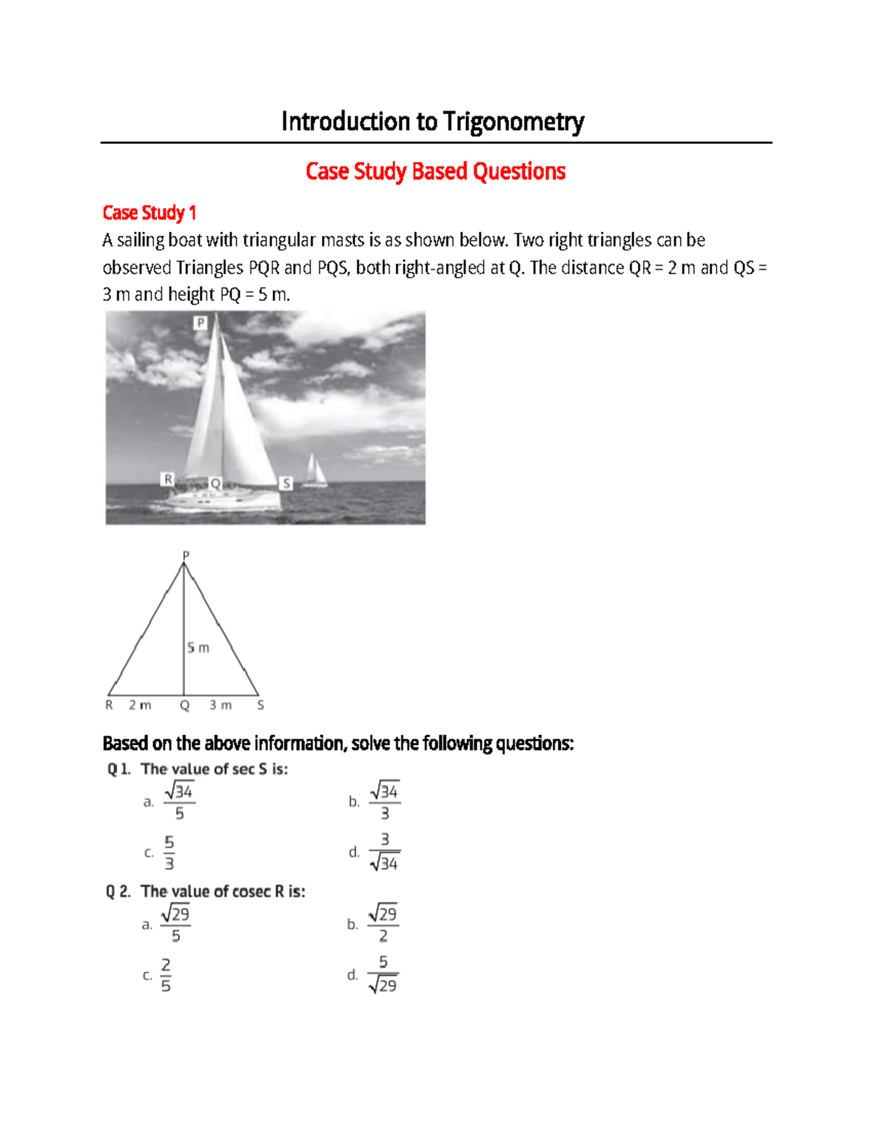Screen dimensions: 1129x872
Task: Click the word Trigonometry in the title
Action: tap(514, 122)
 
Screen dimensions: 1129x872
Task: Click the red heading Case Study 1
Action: tap(149, 213)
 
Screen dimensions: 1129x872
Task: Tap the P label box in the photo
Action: tap(201, 323)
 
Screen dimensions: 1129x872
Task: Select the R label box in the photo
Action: tap(168, 479)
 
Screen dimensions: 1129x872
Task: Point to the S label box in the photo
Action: tap(286, 483)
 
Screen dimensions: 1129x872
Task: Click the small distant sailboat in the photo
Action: tap(315, 471)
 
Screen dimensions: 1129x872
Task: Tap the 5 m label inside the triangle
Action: tap(198, 648)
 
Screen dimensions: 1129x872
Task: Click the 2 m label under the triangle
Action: tap(140, 705)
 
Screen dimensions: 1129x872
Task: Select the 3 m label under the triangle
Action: tap(221, 705)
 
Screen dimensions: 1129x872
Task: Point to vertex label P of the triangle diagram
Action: tap(185, 555)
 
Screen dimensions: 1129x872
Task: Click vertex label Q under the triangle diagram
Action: tap(185, 705)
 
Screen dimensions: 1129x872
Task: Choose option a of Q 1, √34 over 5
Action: tap(179, 801)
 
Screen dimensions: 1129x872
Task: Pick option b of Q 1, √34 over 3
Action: tap(384, 801)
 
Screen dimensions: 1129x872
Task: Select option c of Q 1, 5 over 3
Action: tap(169, 853)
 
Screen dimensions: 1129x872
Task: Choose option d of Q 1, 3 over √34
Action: tap(384, 851)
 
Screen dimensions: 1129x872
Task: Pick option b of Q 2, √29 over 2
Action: tap(383, 924)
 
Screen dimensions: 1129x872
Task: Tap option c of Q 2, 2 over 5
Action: tap(166, 975)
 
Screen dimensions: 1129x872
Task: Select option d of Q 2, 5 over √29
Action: tap(383, 974)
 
